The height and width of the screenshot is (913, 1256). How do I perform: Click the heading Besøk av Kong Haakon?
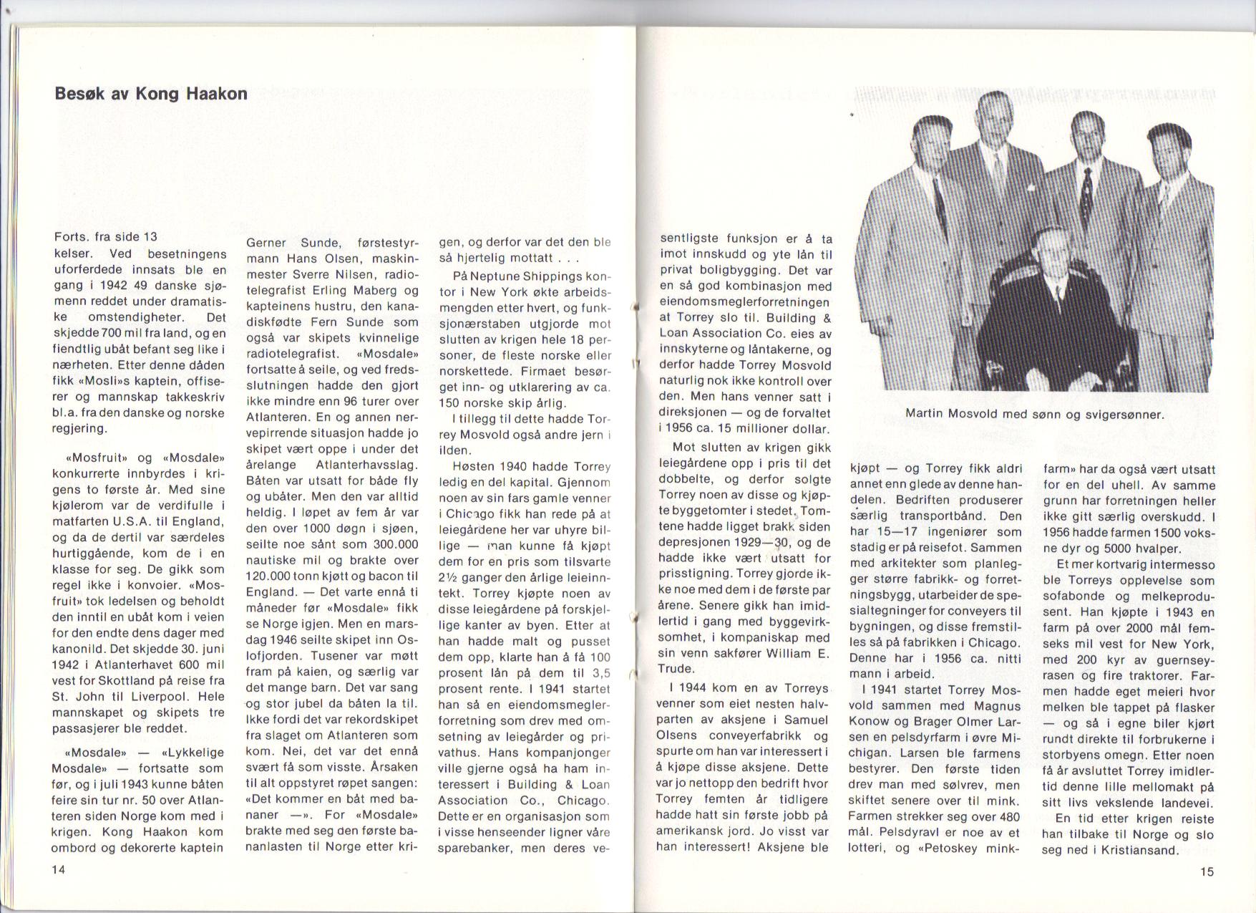[151, 94]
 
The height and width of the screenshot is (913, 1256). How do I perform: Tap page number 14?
[59, 869]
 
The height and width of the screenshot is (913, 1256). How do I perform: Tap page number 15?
[1207, 871]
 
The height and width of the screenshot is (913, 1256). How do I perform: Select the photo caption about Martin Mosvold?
[1035, 413]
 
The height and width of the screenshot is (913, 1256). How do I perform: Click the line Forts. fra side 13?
[105, 237]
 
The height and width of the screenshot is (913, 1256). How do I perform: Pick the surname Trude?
[675, 669]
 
